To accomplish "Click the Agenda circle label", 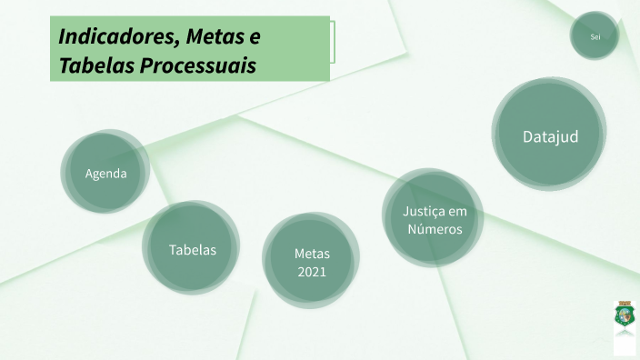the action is [105, 174].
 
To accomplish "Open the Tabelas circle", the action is [192, 248].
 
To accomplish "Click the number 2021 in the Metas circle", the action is [311, 272].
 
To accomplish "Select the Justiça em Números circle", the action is [434, 220].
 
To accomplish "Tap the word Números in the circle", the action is [435, 229].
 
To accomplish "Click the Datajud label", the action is [550, 136].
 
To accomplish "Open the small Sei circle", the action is [595, 36].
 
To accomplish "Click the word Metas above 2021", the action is [312, 254].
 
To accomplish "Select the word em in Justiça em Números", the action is [458, 211].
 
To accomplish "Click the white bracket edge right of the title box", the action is [334, 43].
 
